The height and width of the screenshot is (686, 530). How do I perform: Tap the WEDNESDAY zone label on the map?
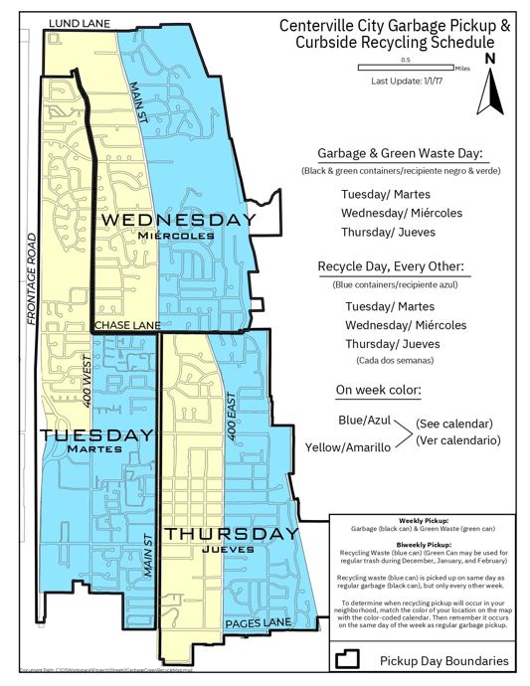(179, 219)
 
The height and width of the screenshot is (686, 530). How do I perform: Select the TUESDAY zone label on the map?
(96, 435)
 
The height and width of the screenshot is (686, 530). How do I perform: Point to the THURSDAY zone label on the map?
(230, 535)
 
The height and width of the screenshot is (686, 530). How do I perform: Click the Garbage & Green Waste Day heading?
(401, 154)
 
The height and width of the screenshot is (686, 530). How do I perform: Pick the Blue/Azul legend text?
(364, 421)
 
